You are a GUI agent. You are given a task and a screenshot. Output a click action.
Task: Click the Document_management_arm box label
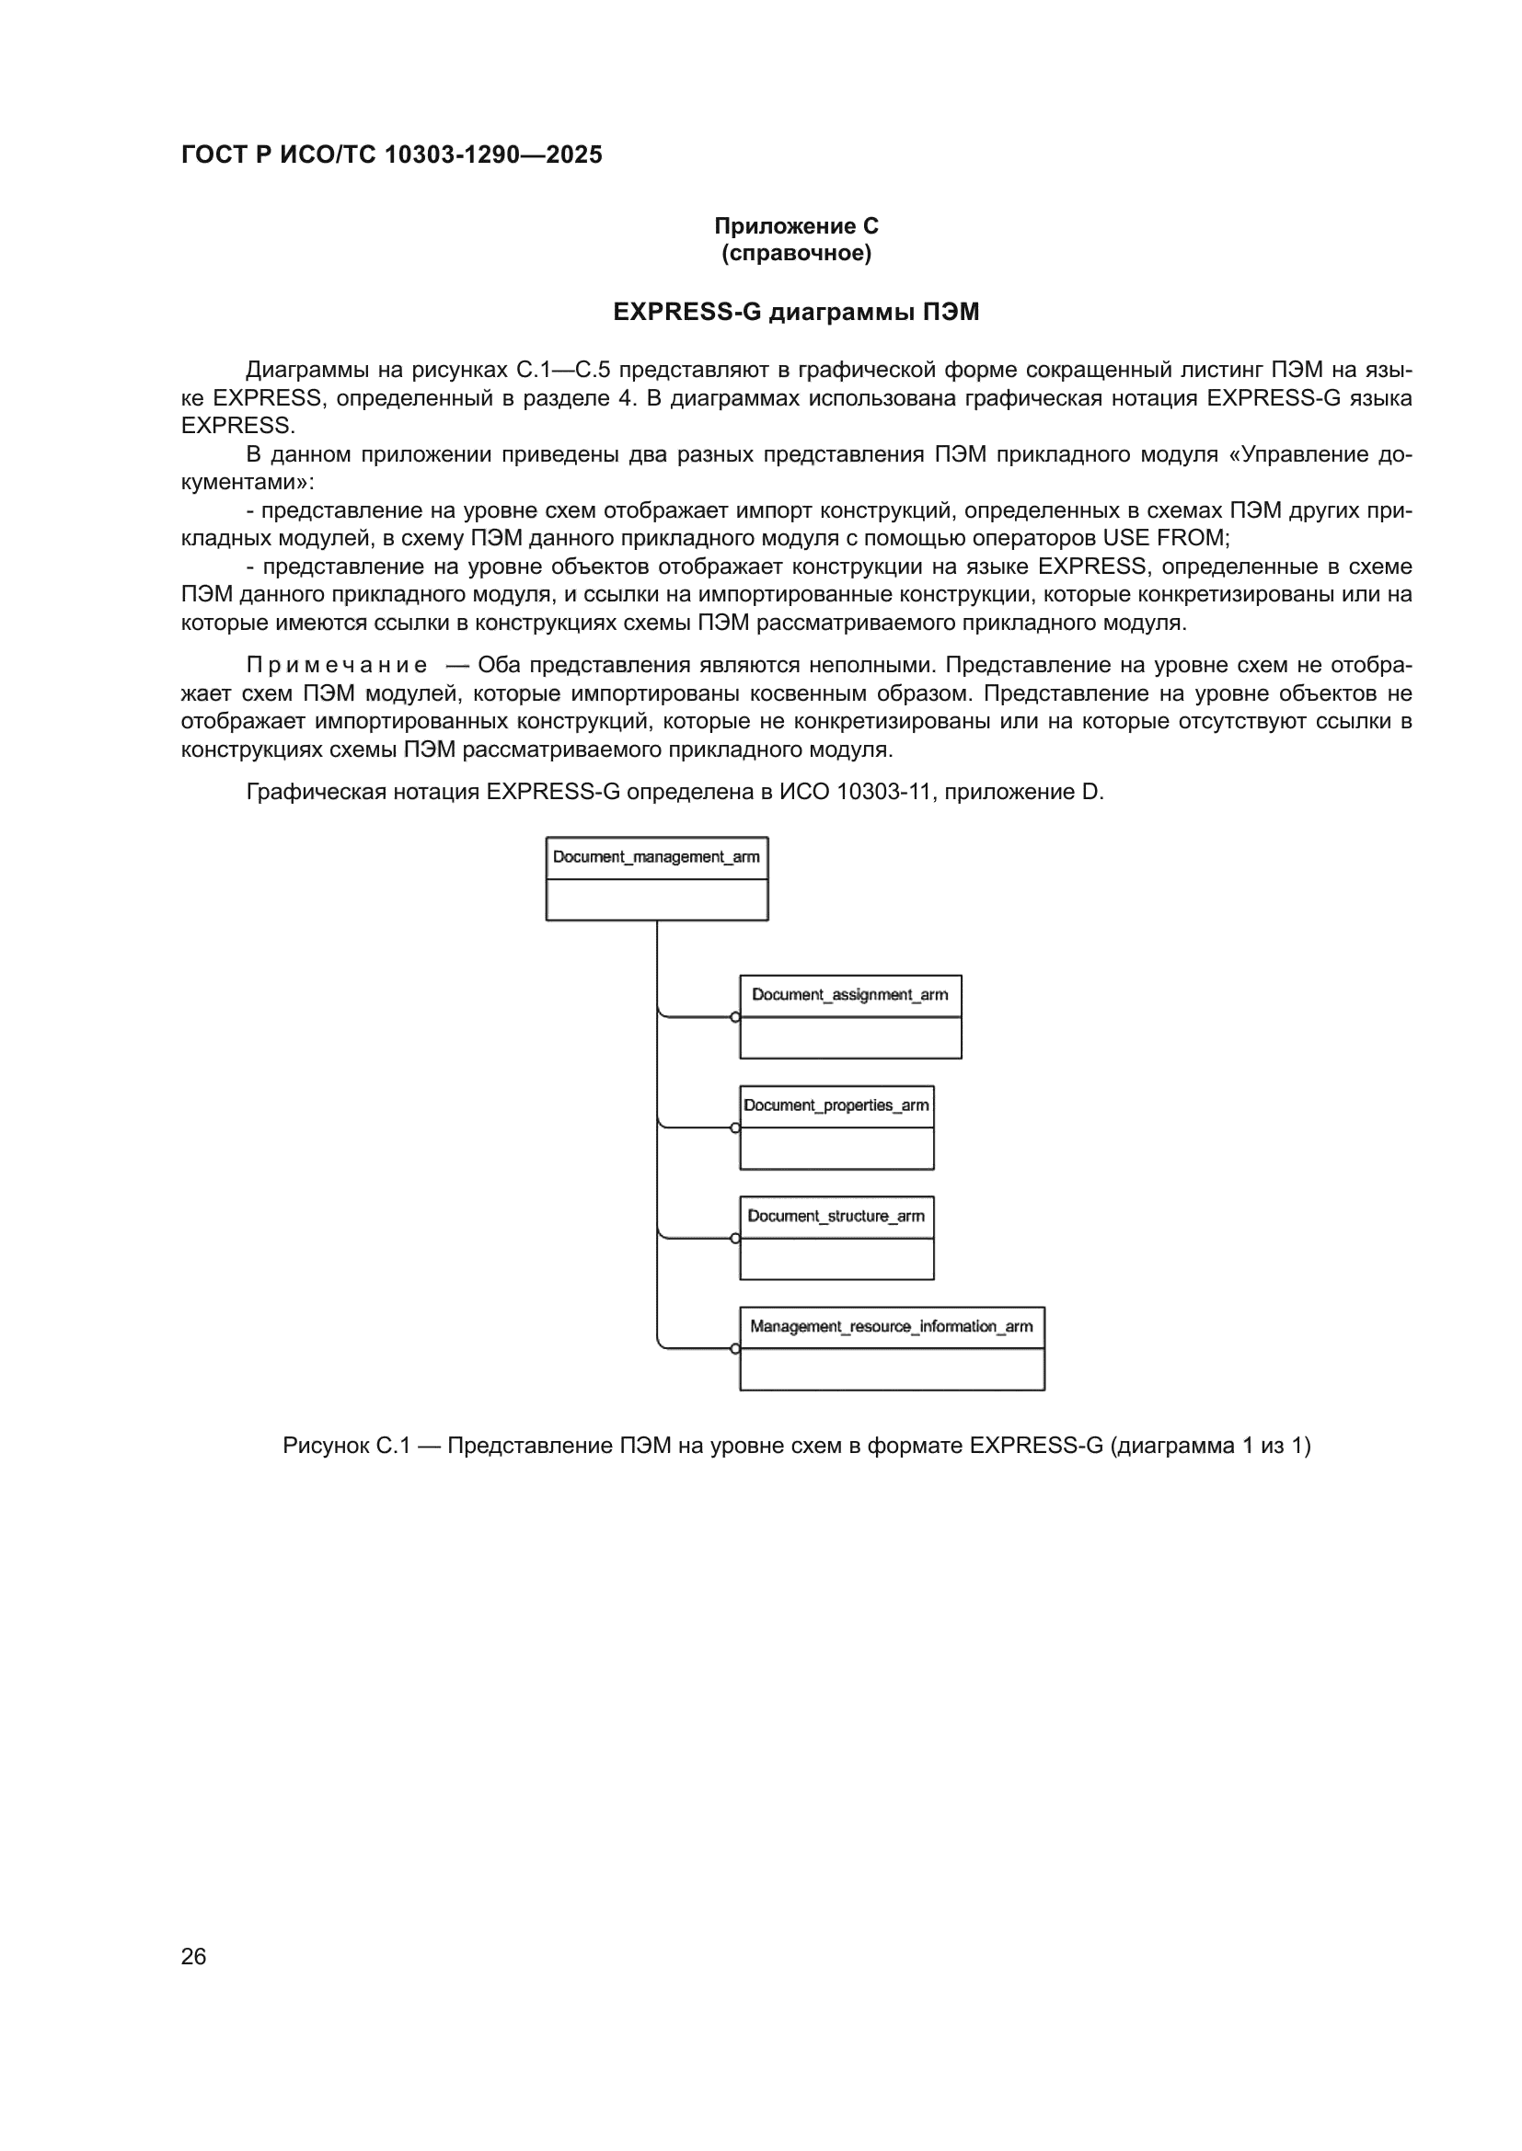click(x=656, y=857)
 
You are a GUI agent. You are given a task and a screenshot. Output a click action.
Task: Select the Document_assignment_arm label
click(x=849, y=995)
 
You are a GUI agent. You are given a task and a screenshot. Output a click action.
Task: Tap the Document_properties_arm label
click(x=836, y=1105)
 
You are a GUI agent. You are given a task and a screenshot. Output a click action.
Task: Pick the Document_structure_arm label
click(x=836, y=1216)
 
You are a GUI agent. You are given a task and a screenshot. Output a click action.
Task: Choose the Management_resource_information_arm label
click(x=892, y=1327)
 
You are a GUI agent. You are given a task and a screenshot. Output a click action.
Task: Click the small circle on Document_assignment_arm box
click(x=736, y=1017)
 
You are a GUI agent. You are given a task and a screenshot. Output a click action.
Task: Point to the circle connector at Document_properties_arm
click(x=736, y=1128)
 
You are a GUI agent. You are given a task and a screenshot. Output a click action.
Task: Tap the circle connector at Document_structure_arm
click(x=736, y=1239)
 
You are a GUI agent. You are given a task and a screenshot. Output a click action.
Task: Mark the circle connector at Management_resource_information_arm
click(x=736, y=1349)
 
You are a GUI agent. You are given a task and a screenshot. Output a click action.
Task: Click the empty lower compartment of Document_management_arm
click(x=656, y=899)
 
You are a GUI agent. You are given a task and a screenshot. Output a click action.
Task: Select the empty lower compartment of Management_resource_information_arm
click(x=892, y=1369)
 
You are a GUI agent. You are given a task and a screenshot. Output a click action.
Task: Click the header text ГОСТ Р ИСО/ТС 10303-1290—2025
click(x=391, y=154)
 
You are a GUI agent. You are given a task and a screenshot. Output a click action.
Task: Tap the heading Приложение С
click(x=796, y=226)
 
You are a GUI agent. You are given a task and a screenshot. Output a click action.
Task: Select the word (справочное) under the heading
click(x=796, y=254)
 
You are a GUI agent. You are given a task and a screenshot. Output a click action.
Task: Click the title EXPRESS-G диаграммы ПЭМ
click(x=796, y=312)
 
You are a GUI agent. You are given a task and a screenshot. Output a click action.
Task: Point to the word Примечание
click(x=337, y=665)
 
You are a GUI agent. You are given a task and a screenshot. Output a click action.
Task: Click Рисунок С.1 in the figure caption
click(x=346, y=1446)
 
